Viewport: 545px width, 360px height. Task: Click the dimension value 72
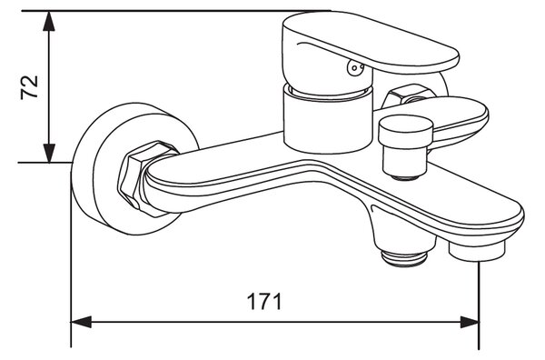(x=29, y=87)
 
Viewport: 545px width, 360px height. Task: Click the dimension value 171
(x=264, y=302)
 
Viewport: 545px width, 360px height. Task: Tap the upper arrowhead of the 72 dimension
(x=50, y=21)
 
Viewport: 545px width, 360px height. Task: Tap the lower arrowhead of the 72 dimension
(x=50, y=153)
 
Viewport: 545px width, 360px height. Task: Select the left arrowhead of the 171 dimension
(x=81, y=322)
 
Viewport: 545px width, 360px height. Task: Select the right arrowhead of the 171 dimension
(x=470, y=322)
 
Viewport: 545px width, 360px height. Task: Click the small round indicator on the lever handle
(x=354, y=68)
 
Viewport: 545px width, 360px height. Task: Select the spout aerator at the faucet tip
(x=476, y=251)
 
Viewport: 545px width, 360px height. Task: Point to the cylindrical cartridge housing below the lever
(x=327, y=119)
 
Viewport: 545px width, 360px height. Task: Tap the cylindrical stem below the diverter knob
(x=405, y=162)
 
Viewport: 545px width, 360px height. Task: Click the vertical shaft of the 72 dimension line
(x=50, y=87)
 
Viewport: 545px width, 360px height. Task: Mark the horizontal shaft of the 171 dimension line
(x=275, y=322)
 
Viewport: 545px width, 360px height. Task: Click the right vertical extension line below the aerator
(x=480, y=305)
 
